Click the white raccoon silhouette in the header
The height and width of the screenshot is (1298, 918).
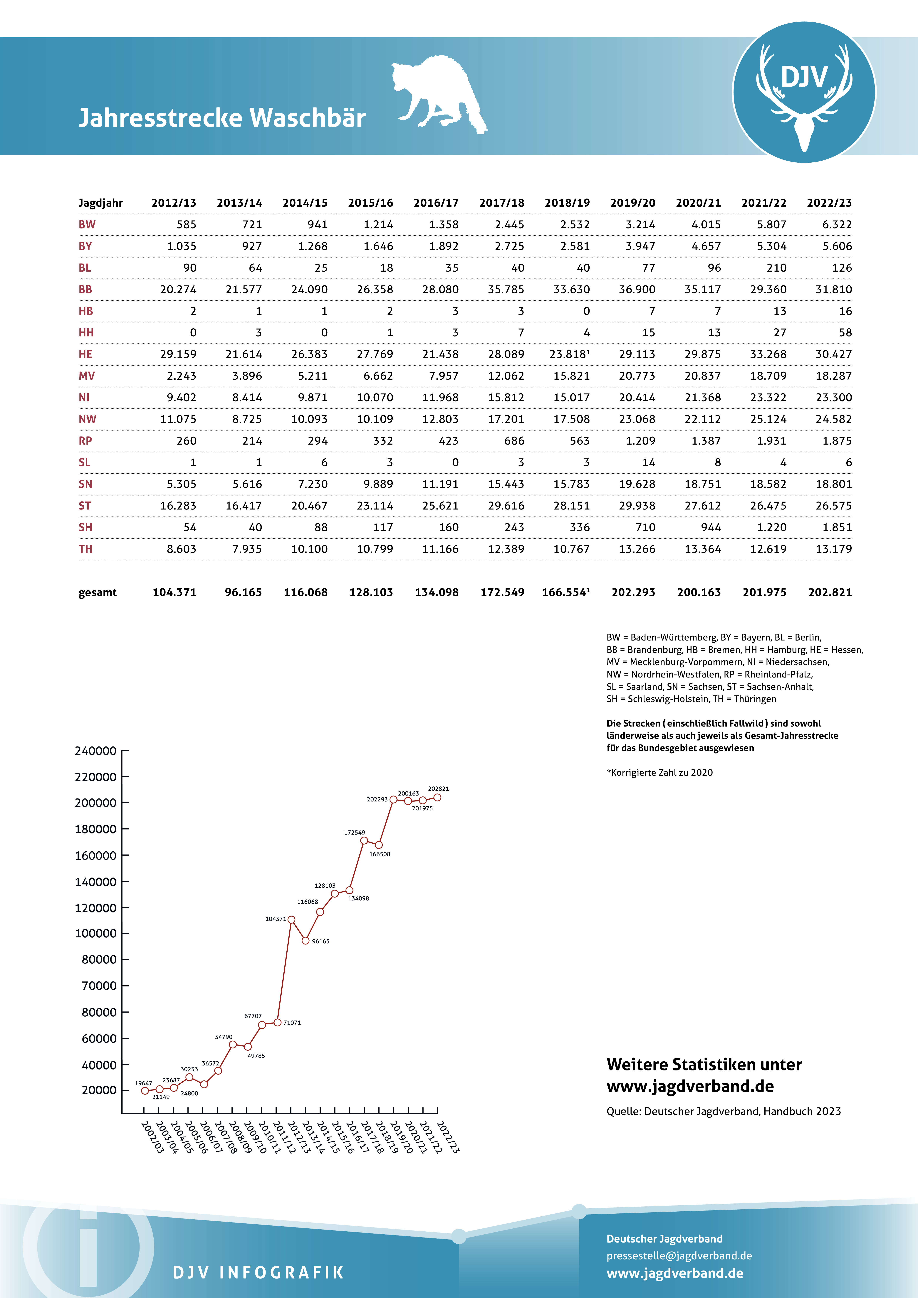(438, 93)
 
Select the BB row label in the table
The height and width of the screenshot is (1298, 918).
(85, 290)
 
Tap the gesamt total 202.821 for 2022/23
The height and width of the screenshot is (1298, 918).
(830, 592)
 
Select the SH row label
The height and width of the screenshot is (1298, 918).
(85, 527)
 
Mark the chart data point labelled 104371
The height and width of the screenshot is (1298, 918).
(291, 920)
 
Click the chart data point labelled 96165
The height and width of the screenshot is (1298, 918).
(306, 941)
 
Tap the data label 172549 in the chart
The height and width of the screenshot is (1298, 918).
(355, 832)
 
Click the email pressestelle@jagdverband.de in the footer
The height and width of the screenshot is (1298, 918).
(679, 1256)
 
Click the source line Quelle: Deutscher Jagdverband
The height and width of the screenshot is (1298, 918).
(724, 1112)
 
